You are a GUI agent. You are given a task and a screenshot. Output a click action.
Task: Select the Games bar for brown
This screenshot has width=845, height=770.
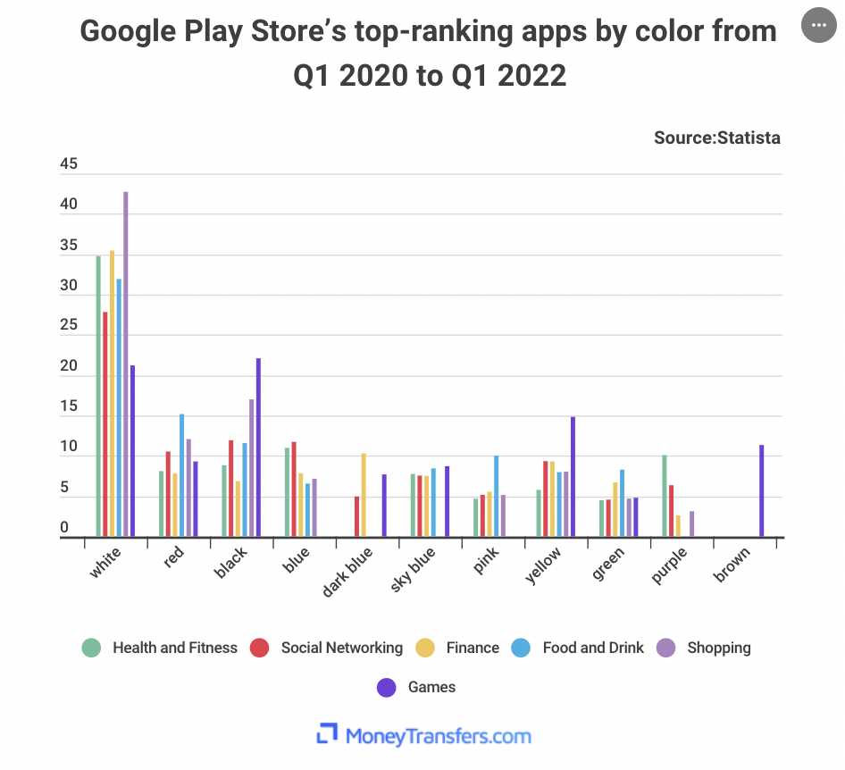tap(762, 491)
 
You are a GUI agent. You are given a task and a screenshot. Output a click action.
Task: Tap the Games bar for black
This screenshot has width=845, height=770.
tap(258, 448)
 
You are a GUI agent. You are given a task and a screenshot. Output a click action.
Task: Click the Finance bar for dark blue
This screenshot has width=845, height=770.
tap(364, 495)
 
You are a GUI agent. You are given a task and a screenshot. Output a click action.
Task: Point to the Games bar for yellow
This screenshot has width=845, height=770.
tap(573, 477)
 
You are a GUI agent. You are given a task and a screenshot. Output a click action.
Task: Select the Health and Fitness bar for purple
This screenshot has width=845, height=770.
tap(665, 496)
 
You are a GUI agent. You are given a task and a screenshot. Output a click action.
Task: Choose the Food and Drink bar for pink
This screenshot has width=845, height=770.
tap(496, 497)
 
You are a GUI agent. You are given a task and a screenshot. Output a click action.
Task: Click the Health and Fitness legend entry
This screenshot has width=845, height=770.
tap(162, 648)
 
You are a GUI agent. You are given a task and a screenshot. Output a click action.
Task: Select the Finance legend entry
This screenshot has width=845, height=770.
tap(460, 648)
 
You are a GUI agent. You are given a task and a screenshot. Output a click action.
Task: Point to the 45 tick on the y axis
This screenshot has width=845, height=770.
tap(69, 164)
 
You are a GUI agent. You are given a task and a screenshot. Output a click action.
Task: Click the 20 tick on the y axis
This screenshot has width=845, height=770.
tap(69, 367)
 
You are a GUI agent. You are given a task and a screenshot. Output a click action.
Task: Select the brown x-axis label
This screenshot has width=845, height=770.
tap(732, 565)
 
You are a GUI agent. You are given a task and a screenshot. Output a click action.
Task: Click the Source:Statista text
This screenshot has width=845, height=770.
tap(716, 138)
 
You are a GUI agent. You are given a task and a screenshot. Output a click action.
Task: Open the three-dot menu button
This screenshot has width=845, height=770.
tap(819, 25)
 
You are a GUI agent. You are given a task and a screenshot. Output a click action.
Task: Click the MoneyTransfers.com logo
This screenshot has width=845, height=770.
tap(423, 736)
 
